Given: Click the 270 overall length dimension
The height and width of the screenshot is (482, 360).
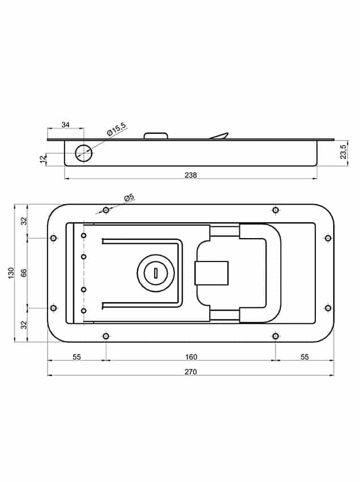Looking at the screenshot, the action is [190, 371].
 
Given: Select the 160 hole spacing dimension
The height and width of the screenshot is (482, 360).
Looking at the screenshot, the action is [191, 357].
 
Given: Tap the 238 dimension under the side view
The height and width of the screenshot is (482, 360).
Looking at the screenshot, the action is [190, 175].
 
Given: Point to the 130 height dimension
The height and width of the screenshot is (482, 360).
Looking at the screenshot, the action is [11, 273].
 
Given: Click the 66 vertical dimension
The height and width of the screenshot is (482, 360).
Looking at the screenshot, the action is [24, 273].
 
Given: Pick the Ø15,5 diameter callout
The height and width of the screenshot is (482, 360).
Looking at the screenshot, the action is [117, 129].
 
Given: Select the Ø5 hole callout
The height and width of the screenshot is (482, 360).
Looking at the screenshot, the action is [129, 197].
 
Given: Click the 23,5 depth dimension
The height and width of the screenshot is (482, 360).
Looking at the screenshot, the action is [343, 151].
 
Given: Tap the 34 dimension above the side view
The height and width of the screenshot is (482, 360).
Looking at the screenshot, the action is [66, 125].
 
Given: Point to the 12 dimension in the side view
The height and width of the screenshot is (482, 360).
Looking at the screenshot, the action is [43, 159].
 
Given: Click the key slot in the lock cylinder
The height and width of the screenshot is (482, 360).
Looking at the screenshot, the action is [155, 273].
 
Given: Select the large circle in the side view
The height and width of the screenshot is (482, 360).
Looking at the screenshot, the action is [83, 153].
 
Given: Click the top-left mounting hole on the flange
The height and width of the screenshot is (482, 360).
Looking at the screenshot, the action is [106, 210].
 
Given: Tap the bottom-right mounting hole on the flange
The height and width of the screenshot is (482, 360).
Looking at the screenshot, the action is [276, 336].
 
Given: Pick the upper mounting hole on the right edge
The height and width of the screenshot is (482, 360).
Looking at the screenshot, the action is [328, 238].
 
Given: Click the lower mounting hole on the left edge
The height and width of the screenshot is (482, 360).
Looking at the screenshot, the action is [53, 308].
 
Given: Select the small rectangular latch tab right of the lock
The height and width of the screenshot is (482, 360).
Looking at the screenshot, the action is [211, 273].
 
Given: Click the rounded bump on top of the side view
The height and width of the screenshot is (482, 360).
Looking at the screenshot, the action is [156, 136].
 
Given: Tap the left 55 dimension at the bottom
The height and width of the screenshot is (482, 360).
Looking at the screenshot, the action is [77, 357].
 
